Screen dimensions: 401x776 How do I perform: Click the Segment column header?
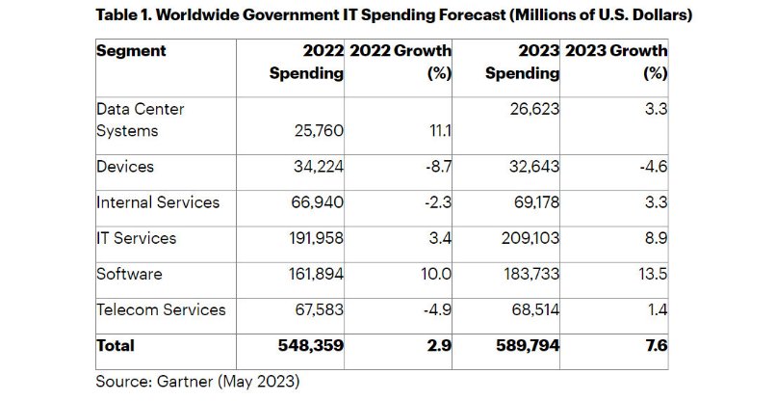point(131,51)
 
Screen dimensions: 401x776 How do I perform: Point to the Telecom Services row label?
point(161,309)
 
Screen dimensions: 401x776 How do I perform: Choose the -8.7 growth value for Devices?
point(437,167)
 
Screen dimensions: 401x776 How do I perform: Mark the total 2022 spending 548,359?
point(308,345)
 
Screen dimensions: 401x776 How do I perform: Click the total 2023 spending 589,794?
point(524,345)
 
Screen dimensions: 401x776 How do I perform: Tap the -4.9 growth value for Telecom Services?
point(437,309)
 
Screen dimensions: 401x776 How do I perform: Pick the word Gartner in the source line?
point(188,382)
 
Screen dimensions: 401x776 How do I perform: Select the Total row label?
point(116,345)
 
